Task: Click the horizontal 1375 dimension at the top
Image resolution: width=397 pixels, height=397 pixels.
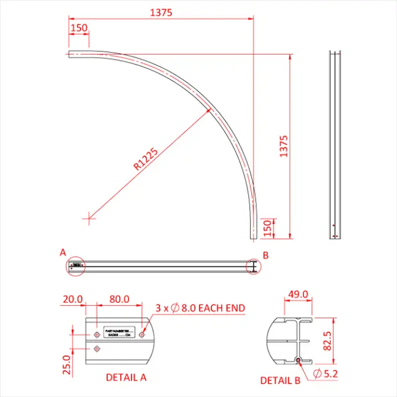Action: pos(161,12)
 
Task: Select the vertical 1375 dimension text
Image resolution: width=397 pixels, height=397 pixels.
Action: pos(284,146)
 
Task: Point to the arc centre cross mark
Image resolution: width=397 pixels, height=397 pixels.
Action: pos(91,217)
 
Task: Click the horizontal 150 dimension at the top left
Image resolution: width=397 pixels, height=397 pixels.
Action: pos(79,28)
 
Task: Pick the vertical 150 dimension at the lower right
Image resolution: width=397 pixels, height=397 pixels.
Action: pos(267,228)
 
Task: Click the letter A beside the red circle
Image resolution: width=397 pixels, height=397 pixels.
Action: pos(62,252)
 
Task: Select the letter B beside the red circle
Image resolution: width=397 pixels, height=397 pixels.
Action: pos(265,255)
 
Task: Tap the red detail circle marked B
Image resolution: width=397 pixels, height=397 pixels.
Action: pos(254,266)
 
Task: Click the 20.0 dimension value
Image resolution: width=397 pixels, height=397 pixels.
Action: pos(73,299)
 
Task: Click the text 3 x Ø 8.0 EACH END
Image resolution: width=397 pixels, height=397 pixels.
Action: pos(200,308)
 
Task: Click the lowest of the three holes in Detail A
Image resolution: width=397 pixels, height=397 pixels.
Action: pos(96,349)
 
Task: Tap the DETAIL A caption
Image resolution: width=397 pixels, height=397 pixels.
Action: pos(126,377)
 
